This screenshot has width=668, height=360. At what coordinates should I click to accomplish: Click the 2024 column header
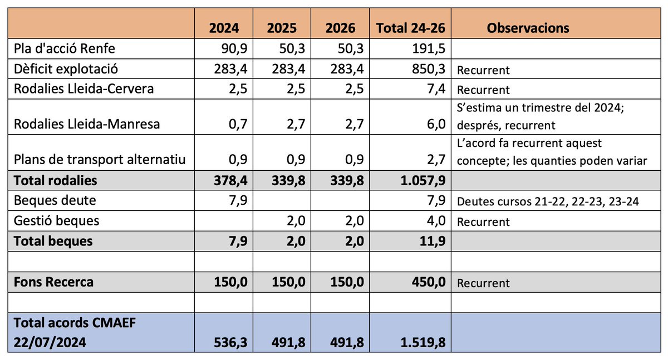224,28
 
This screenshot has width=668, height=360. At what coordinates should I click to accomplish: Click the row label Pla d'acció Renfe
65,48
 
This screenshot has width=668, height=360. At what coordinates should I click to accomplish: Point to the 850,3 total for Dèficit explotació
426,70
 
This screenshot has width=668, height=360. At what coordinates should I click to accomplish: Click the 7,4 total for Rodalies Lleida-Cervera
435,90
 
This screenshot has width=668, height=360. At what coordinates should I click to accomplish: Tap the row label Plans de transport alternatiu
100,160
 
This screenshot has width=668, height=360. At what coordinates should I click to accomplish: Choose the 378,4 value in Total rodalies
230,181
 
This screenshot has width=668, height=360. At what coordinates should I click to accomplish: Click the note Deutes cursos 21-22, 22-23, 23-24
548,201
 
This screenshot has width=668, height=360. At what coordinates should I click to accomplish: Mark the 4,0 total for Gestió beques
435,221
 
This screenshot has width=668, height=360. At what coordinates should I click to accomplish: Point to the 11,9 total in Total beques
431,241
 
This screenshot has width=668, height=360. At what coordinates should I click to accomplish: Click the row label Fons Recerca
53,282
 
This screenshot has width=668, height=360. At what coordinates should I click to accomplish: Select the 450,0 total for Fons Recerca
426,282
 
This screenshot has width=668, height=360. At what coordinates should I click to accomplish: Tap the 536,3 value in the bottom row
230,342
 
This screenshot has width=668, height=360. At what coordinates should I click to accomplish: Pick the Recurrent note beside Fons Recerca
483,283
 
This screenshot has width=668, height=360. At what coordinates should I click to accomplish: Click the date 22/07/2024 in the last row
50,342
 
